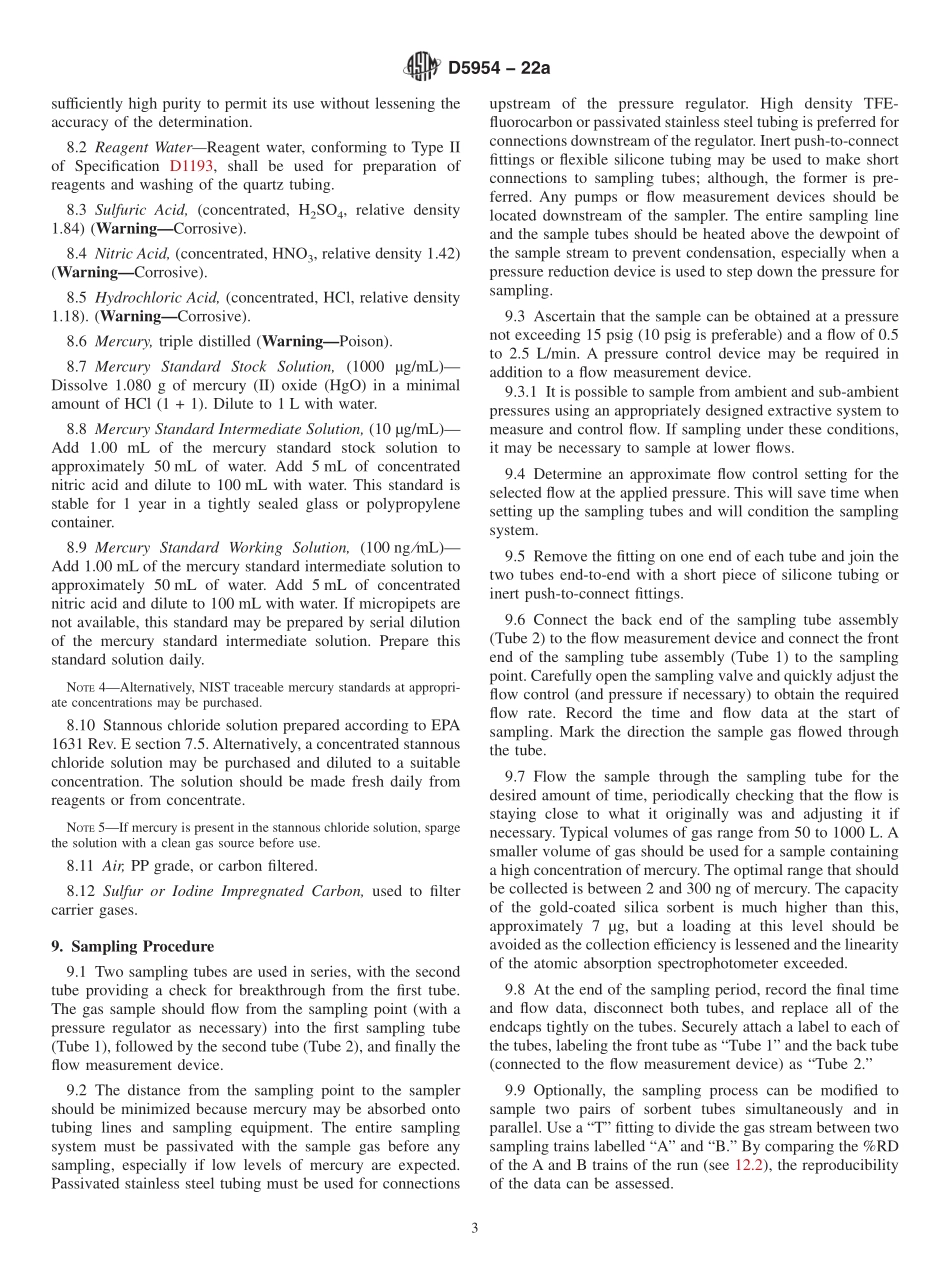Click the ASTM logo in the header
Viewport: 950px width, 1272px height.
click(x=421, y=67)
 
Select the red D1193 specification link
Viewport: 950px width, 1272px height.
click(x=191, y=166)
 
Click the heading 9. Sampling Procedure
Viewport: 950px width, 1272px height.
click(x=132, y=946)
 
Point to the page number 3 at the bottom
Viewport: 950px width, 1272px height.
click(x=475, y=1229)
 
